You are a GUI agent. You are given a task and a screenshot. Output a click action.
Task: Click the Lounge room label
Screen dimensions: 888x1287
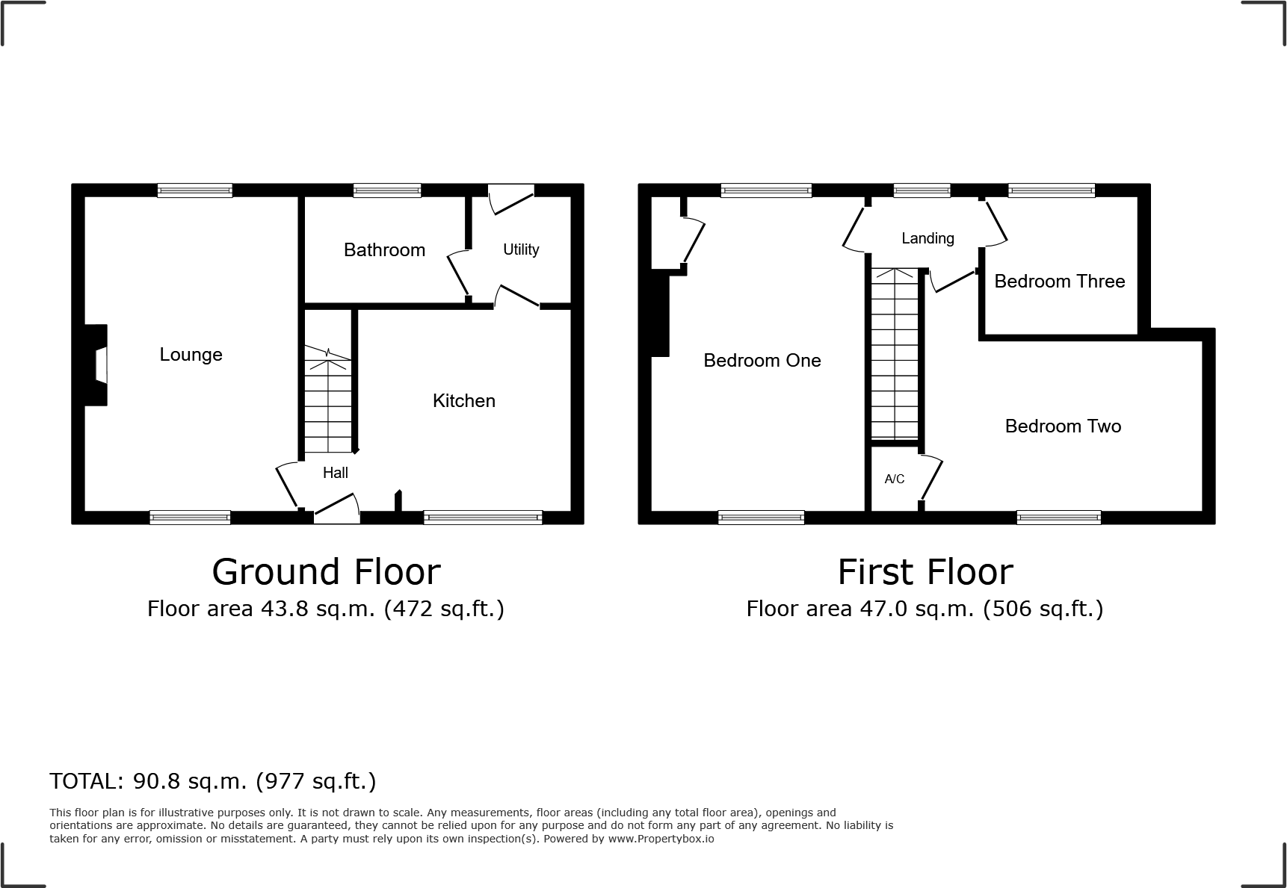click(191, 355)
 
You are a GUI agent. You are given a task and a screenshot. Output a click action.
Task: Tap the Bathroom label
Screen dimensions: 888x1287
click(384, 250)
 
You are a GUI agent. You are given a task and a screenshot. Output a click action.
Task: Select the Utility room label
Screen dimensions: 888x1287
click(521, 249)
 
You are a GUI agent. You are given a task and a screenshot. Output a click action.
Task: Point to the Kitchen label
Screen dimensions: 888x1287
click(463, 401)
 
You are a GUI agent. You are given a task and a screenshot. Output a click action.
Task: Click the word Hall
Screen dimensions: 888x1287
click(336, 473)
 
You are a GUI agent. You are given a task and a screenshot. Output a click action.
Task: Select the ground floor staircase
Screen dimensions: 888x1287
click(327, 400)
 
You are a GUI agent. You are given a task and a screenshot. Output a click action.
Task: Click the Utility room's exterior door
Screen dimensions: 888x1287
click(511, 196)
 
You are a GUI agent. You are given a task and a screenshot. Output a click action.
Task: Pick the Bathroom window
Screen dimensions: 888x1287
click(387, 191)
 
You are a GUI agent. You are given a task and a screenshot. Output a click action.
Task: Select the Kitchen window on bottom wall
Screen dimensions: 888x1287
click(483, 517)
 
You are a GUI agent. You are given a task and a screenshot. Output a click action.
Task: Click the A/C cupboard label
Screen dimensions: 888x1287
click(895, 479)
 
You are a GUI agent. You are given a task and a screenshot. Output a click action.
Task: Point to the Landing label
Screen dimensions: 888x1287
click(928, 238)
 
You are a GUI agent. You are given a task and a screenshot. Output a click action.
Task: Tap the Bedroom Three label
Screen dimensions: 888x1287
click(1059, 282)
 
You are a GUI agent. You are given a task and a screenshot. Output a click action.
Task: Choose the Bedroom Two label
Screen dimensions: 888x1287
click(1063, 426)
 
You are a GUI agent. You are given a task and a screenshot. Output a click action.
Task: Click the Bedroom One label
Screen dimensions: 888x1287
click(762, 361)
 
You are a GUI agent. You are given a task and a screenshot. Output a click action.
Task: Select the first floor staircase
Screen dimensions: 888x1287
click(895, 355)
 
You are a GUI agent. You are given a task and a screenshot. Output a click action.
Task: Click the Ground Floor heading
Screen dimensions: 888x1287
click(326, 572)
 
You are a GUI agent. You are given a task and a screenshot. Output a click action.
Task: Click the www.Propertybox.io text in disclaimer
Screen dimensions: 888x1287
click(661, 839)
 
